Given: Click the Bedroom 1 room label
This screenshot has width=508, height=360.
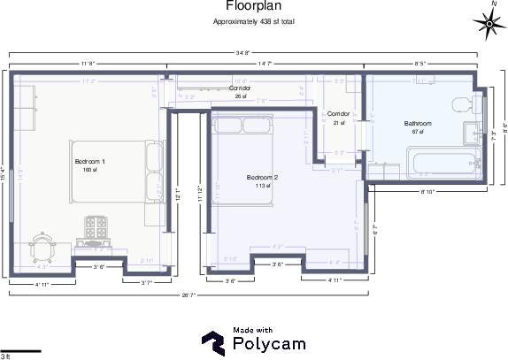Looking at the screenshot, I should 89,162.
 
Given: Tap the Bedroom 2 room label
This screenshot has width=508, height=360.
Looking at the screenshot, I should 262,178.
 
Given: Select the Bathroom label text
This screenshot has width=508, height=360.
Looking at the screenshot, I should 418,123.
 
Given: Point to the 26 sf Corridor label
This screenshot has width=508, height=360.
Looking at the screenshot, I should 240,88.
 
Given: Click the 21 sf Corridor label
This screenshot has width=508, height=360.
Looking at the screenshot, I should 339,115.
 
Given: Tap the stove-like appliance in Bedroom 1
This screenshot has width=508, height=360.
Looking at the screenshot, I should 96,226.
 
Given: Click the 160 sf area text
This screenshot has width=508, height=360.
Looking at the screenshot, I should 89,170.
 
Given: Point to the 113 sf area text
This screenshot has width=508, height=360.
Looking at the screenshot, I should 262,186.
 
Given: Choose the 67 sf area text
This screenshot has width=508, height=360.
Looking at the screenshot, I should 418,131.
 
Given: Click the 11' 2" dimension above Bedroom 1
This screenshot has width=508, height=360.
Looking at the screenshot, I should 88,81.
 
